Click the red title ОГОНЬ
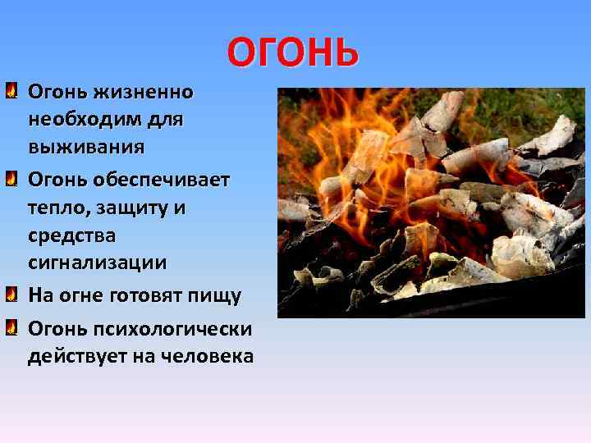pos(293,53)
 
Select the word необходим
pos(84,119)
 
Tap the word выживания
pos(86,148)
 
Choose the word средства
pos(72,236)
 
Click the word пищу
pos(218,295)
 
